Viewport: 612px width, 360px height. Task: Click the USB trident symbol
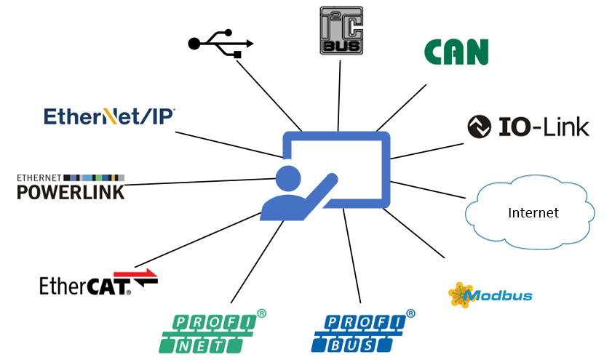(220, 43)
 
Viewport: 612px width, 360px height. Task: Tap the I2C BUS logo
(341, 31)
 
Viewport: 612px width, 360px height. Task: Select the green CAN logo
(456, 52)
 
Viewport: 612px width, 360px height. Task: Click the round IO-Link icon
(479, 127)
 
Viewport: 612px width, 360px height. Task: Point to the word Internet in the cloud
(533, 213)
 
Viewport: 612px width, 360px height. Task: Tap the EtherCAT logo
(86, 285)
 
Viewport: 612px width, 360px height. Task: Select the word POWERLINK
(71, 192)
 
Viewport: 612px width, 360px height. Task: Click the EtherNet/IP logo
(109, 116)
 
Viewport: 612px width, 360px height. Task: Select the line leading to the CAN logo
(401, 108)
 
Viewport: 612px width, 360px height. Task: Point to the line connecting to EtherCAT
(196, 240)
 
